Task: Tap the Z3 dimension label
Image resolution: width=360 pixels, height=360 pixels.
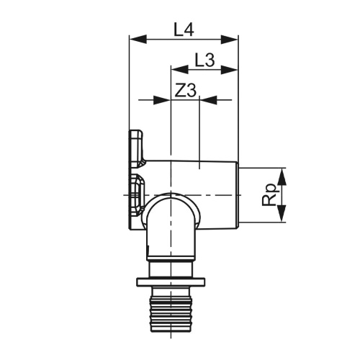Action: click(x=185, y=91)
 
